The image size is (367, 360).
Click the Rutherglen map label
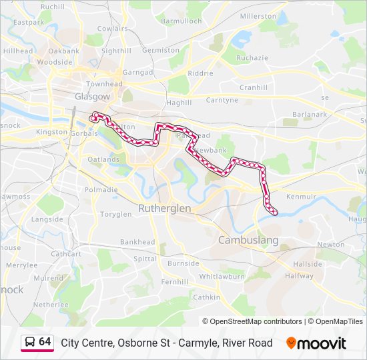[164, 209]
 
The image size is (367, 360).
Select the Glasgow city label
[92, 97]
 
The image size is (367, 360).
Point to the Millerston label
[258, 16]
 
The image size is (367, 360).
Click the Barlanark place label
[309, 114]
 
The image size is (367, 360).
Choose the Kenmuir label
[300, 197]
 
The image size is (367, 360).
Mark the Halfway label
[299, 276]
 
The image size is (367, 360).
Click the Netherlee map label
[51, 304]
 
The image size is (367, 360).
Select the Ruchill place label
[53, 7]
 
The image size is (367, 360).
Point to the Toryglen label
[115, 215]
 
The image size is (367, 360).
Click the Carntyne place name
[222, 100]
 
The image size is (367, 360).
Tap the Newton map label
[330, 245]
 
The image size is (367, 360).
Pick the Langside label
[47, 219]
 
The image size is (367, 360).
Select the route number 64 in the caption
[45, 342]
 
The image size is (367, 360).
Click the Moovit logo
[316, 343]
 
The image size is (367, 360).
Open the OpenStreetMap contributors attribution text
[256, 321]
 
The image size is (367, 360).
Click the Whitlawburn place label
[222, 276]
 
